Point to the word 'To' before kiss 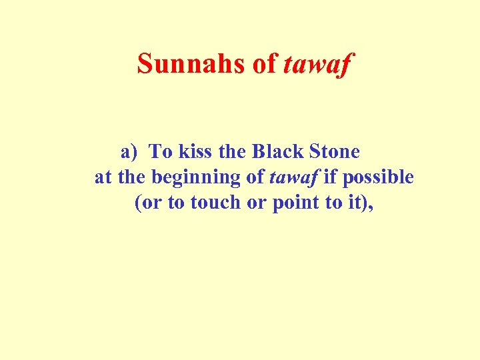[161, 152]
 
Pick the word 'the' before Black [233, 152]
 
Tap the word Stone [335, 152]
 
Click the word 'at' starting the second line [103, 177]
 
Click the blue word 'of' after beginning [256, 177]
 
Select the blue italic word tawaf [294, 177]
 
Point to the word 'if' [331, 177]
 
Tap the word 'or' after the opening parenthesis [151, 203]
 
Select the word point [296, 203]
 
